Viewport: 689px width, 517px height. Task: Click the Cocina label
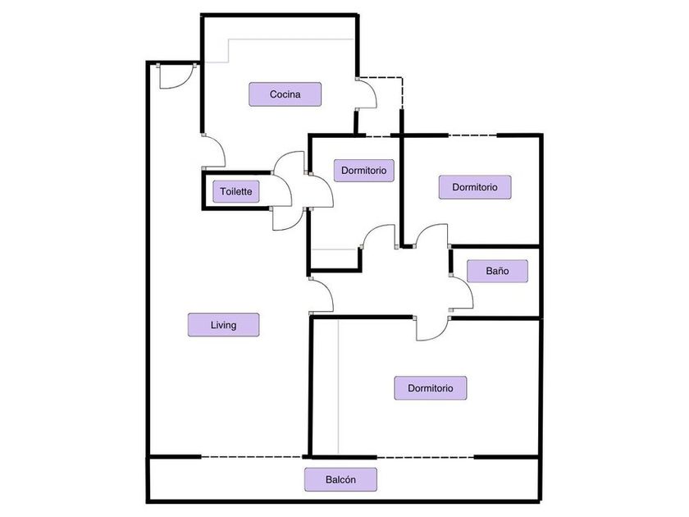click(285, 94)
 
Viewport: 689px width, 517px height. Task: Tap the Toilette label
click(236, 191)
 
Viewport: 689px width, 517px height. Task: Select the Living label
click(223, 325)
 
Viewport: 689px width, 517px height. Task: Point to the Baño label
click(497, 271)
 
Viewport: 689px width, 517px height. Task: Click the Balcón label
click(340, 479)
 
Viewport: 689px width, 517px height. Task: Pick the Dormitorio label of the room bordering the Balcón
click(430, 388)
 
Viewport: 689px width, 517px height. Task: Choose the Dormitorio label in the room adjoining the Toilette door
click(364, 170)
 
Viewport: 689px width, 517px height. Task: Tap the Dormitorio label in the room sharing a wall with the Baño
click(475, 187)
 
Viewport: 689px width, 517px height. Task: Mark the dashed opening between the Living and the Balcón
click(252, 457)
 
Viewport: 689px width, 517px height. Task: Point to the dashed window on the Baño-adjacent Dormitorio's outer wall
click(472, 135)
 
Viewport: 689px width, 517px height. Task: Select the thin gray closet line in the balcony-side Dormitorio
click(338, 387)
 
